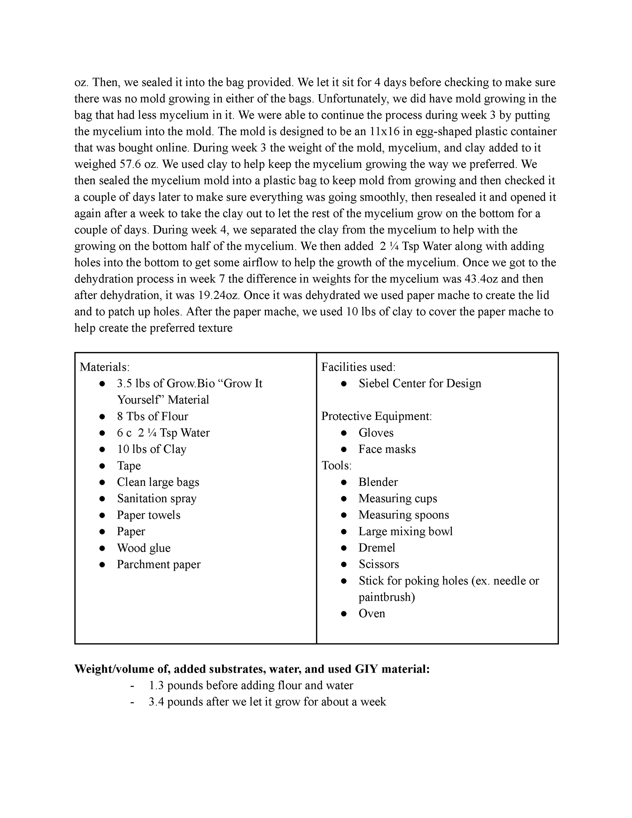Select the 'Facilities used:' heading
[x=358, y=367]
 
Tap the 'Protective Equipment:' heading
[x=377, y=416]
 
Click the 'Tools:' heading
[x=336, y=465]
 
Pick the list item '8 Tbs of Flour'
[x=152, y=416]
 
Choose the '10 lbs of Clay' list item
[x=151, y=449]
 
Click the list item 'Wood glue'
[x=144, y=548]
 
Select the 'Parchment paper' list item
[x=158, y=565]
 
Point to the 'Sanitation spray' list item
[x=157, y=498]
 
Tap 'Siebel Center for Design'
[x=420, y=383]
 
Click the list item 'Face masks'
[x=387, y=449]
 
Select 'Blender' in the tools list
[x=378, y=482]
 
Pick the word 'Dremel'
[x=377, y=548]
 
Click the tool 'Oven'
[x=372, y=614]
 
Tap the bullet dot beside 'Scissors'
[x=344, y=565]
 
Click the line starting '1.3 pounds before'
[x=250, y=685]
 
